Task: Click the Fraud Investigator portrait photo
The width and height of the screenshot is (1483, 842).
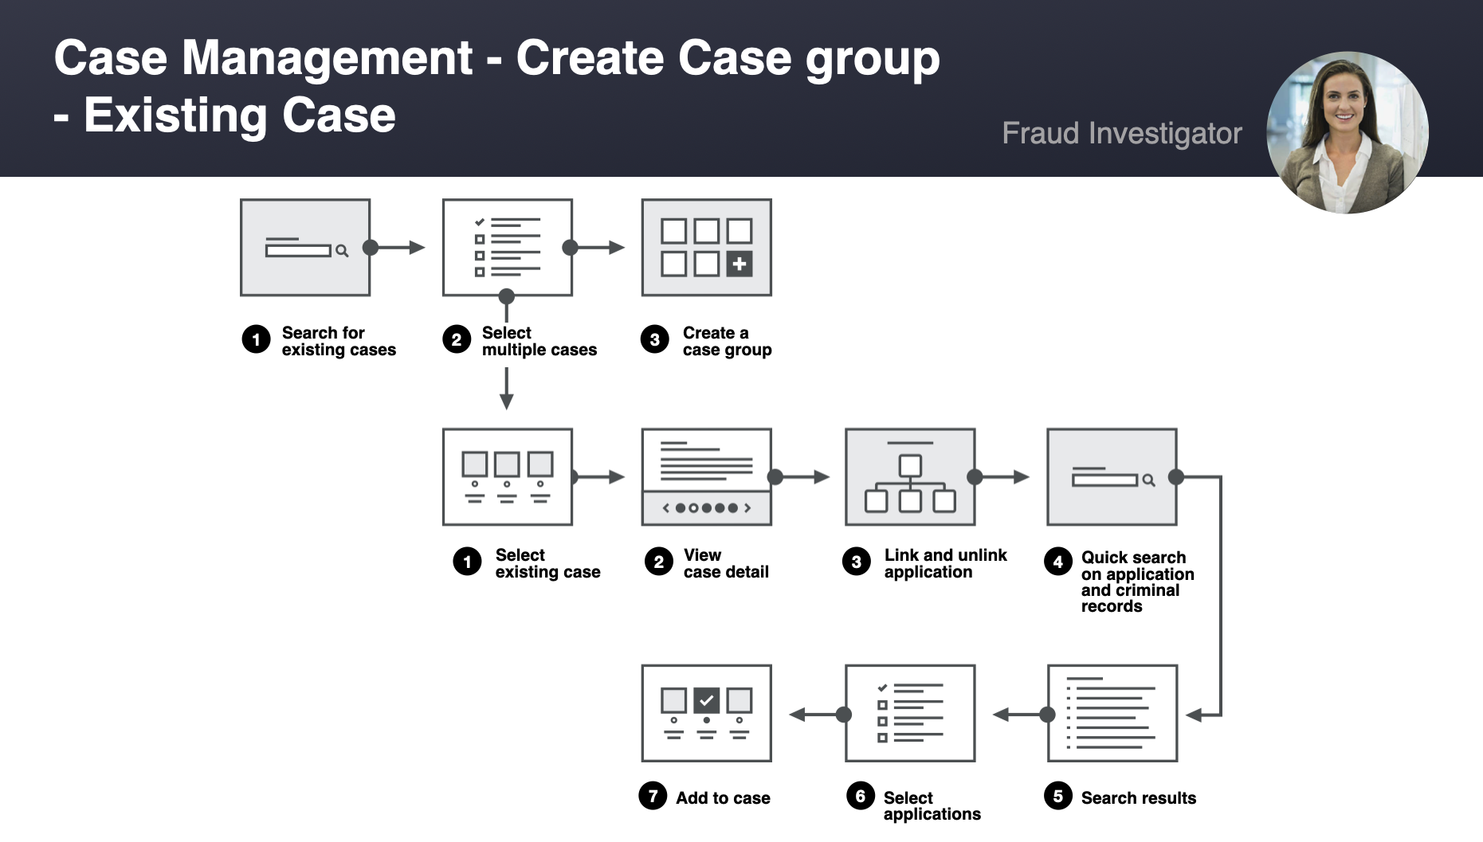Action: pyautogui.click(x=1347, y=132)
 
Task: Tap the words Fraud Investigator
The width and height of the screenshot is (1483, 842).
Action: pyautogui.click(x=1121, y=133)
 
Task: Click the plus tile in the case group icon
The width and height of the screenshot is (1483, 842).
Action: pyautogui.click(x=740, y=264)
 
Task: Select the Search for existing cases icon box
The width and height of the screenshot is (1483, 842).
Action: pyautogui.click(x=305, y=248)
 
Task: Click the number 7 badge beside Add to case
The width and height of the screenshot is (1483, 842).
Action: pyautogui.click(x=653, y=796)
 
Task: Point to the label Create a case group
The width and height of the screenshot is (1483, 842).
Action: pyautogui.click(x=726, y=341)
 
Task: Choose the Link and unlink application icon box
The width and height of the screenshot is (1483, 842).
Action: pyautogui.click(x=910, y=477)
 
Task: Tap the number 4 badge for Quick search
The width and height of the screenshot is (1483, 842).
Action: pyautogui.click(x=1057, y=562)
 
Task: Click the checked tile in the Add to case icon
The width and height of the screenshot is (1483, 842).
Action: pyautogui.click(x=707, y=700)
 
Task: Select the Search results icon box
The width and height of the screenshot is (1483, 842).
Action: pyautogui.click(x=1112, y=713)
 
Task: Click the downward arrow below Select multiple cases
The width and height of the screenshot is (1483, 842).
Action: pyautogui.click(x=506, y=394)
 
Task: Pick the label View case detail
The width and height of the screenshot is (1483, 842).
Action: pyautogui.click(x=725, y=563)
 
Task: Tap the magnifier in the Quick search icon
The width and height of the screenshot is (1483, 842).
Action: pyautogui.click(x=1148, y=480)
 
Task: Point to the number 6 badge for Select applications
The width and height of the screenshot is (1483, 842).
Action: pyautogui.click(x=860, y=796)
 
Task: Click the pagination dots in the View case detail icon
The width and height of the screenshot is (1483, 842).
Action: pyautogui.click(x=706, y=508)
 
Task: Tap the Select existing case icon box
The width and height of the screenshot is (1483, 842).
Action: pyautogui.click(x=508, y=477)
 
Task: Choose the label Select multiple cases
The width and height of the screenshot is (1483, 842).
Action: pyautogui.click(x=539, y=341)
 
